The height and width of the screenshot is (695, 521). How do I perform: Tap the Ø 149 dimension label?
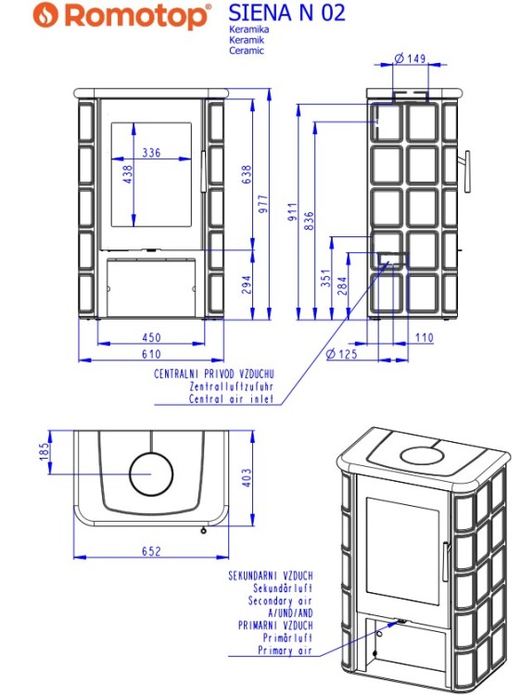click(408, 58)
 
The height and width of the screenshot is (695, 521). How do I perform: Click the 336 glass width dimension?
click(151, 153)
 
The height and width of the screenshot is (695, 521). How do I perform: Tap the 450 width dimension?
click(150, 337)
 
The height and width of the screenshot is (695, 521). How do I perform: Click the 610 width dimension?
click(150, 354)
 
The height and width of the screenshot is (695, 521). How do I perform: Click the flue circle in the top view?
click(151, 474)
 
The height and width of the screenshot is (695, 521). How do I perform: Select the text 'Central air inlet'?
click(232, 399)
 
